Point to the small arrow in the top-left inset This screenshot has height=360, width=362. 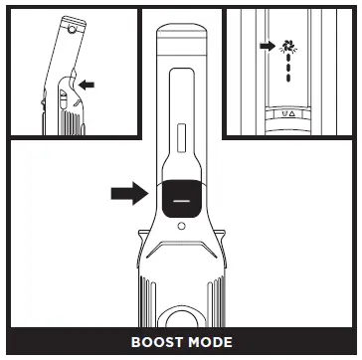(88, 86)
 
